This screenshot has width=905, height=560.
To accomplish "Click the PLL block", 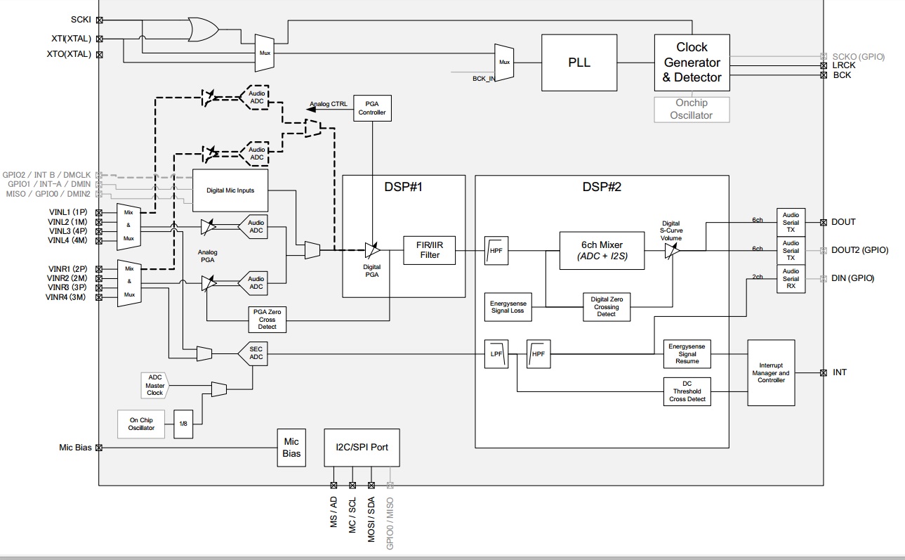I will point(579,62).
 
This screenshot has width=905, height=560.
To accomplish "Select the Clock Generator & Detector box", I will point(692,63).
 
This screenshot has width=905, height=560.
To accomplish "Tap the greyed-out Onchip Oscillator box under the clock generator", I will point(692,109).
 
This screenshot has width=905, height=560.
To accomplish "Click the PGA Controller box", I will point(371,107).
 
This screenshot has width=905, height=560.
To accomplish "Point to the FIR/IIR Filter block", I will point(430,250).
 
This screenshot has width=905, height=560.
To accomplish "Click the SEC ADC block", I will point(256,353).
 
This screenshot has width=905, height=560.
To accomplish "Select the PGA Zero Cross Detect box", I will point(267,319).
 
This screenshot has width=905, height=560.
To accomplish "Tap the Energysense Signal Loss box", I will point(508,307).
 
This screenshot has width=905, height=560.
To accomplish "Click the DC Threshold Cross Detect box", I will point(687,391).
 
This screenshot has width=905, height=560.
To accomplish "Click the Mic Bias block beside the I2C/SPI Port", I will point(291,448).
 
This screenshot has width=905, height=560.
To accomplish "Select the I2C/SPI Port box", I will point(362,448).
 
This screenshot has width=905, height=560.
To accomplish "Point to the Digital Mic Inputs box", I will point(230,190).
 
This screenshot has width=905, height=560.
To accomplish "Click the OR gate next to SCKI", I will point(202,30).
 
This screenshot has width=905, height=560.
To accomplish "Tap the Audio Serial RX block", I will point(791,278).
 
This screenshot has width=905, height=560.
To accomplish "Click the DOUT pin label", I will point(843,222).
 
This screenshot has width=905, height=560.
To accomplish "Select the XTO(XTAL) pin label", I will point(69,53).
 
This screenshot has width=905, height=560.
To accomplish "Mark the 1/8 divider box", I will point(183,424).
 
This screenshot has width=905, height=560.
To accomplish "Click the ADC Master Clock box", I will point(154,385).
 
